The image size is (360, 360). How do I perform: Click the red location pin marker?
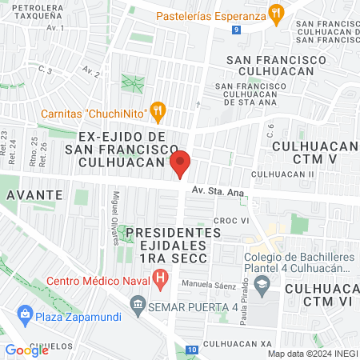181,164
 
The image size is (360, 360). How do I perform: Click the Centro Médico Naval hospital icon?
161,279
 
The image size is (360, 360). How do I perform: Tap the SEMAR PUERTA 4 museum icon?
137,304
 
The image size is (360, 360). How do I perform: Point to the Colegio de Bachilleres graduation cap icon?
261,284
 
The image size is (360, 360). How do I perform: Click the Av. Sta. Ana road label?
217,192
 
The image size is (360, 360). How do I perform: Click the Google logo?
27,350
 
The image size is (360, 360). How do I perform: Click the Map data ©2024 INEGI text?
312,354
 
